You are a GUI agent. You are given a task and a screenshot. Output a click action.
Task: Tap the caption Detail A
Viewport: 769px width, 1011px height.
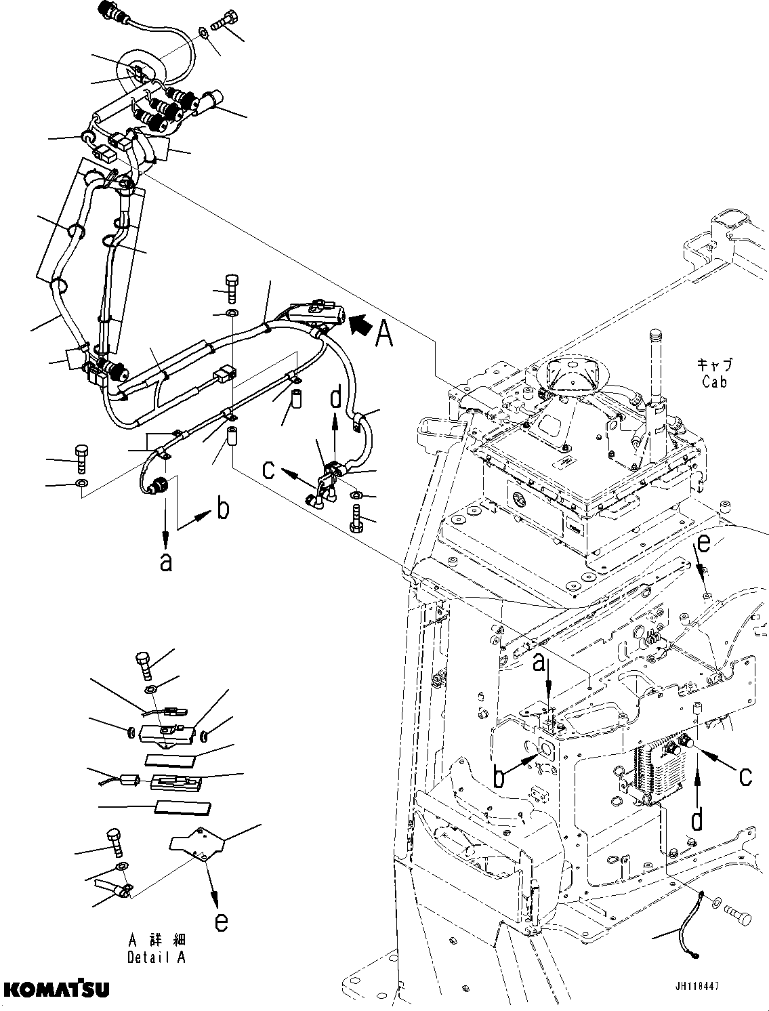click(156, 957)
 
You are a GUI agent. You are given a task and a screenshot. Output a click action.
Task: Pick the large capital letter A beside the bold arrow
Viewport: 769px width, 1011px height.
click(384, 333)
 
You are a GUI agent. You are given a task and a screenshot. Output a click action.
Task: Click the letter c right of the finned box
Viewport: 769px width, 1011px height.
click(745, 777)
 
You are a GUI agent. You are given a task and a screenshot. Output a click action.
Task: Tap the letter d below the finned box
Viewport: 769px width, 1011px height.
click(696, 821)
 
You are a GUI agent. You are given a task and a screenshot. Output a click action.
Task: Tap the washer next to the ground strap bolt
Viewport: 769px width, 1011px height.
click(716, 903)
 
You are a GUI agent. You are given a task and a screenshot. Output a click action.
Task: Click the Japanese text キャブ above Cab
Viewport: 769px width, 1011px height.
click(715, 365)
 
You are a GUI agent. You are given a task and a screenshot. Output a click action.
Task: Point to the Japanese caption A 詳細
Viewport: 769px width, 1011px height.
click(156, 941)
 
